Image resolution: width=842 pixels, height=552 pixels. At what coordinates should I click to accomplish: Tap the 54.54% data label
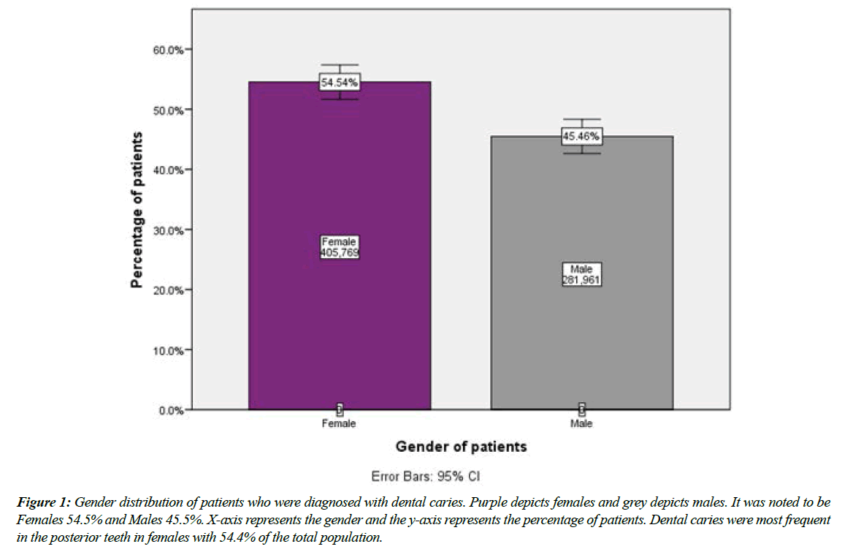click(340, 83)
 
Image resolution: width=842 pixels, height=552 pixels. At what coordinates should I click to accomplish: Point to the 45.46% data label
click(581, 137)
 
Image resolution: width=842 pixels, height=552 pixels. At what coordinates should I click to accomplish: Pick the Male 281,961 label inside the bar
click(581, 275)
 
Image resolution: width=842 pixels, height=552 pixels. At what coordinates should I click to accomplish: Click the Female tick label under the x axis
click(339, 424)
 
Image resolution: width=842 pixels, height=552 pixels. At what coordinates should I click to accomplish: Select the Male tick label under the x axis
click(581, 424)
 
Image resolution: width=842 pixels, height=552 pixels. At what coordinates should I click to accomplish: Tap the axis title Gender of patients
click(461, 447)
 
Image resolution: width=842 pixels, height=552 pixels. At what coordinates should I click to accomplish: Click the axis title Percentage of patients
click(136, 210)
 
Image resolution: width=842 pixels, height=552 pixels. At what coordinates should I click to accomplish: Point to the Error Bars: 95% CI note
click(460, 477)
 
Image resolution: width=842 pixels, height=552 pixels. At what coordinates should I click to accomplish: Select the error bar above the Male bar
click(581, 123)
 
